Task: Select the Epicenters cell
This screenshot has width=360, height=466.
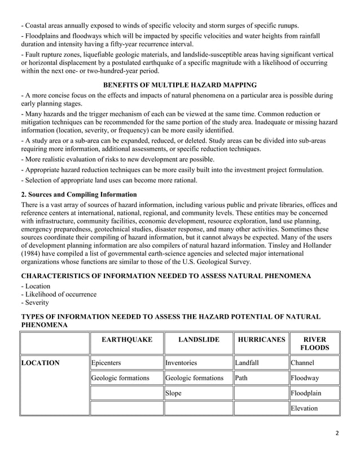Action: tap(107, 363)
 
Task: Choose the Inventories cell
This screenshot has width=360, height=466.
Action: tap(181, 363)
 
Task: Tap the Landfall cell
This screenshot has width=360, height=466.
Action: tap(247, 363)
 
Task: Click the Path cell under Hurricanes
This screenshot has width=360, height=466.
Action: tap(242, 378)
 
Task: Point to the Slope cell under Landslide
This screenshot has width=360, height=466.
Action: tap(174, 393)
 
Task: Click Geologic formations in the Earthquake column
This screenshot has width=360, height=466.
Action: tap(120, 378)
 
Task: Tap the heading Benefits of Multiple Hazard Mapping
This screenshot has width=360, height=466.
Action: tap(179, 85)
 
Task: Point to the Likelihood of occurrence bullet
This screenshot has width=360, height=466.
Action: tap(58, 294)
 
